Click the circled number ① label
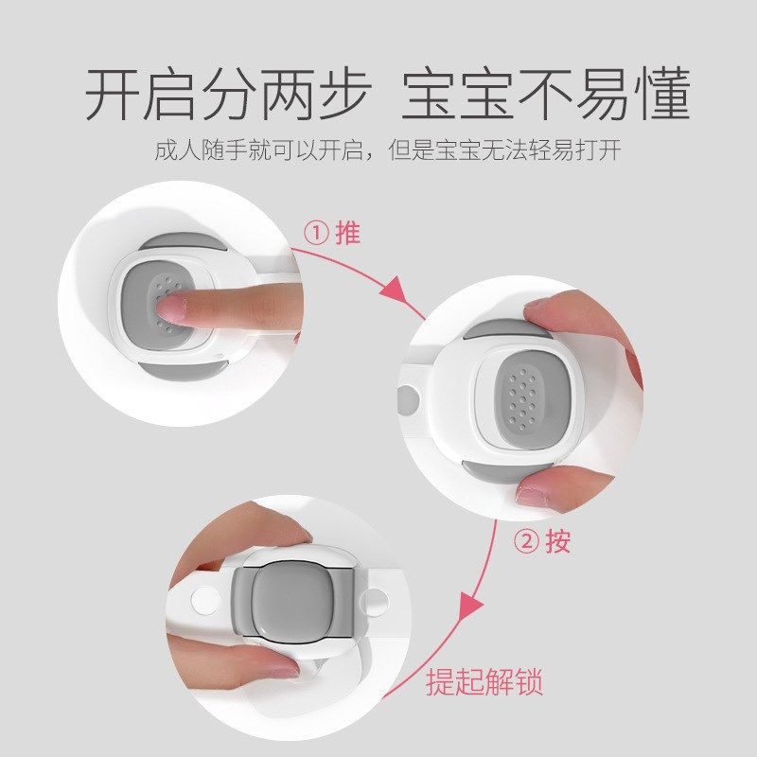(316, 234)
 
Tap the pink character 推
(347, 233)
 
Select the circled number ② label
(526, 542)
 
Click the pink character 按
(558, 541)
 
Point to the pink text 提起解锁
(484, 681)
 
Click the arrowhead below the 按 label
(469, 606)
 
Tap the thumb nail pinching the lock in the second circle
(532, 494)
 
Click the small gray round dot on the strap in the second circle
(408, 400)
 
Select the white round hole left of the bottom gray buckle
(204, 600)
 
